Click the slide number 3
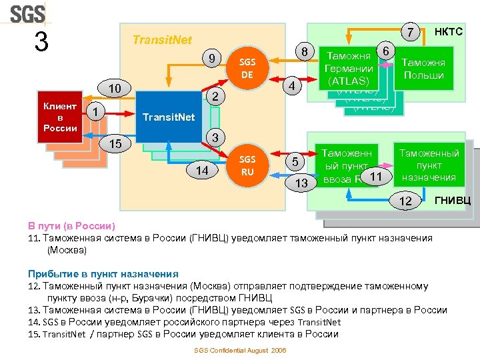pos(41,43)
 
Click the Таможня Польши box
pos(423,68)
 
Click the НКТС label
pos(448,31)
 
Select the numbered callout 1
pos(96,112)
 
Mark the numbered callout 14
pos(202,171)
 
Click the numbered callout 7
pos(411,32)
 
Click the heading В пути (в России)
pos(71,225)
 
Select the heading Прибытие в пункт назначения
pos(103,273)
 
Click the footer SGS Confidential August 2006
pos(239,350)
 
